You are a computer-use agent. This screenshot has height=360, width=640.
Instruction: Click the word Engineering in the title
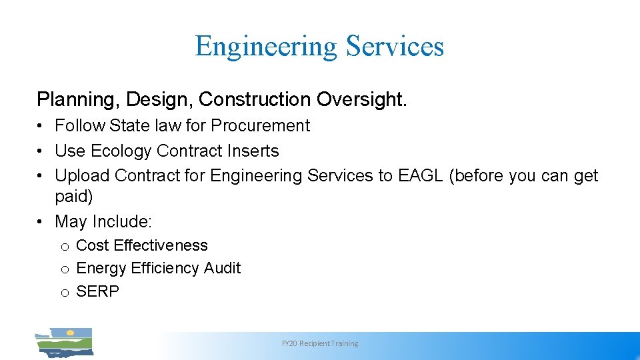[x=266, y=47]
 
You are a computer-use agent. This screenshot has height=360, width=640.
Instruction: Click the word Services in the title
[x=395, y=47]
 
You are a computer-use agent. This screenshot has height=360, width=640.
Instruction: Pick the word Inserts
[x=252, y=151]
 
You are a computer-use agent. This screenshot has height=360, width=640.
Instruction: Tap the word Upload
[x=83, y=176]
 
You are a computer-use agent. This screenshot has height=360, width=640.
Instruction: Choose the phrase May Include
[x=103, y=221]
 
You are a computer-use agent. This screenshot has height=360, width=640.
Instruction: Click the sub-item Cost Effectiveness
[x=142, y=245]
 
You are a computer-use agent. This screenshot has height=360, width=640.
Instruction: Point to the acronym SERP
[x=97, y=291]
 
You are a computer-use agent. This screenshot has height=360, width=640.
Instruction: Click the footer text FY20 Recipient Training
[x=320, y=343]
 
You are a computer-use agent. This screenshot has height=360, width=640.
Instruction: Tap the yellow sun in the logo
[x=70, y=332]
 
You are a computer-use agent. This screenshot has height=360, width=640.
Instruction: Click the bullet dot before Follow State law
[x=41, y=126]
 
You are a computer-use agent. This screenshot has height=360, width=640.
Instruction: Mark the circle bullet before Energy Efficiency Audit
[x=65, y=269]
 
